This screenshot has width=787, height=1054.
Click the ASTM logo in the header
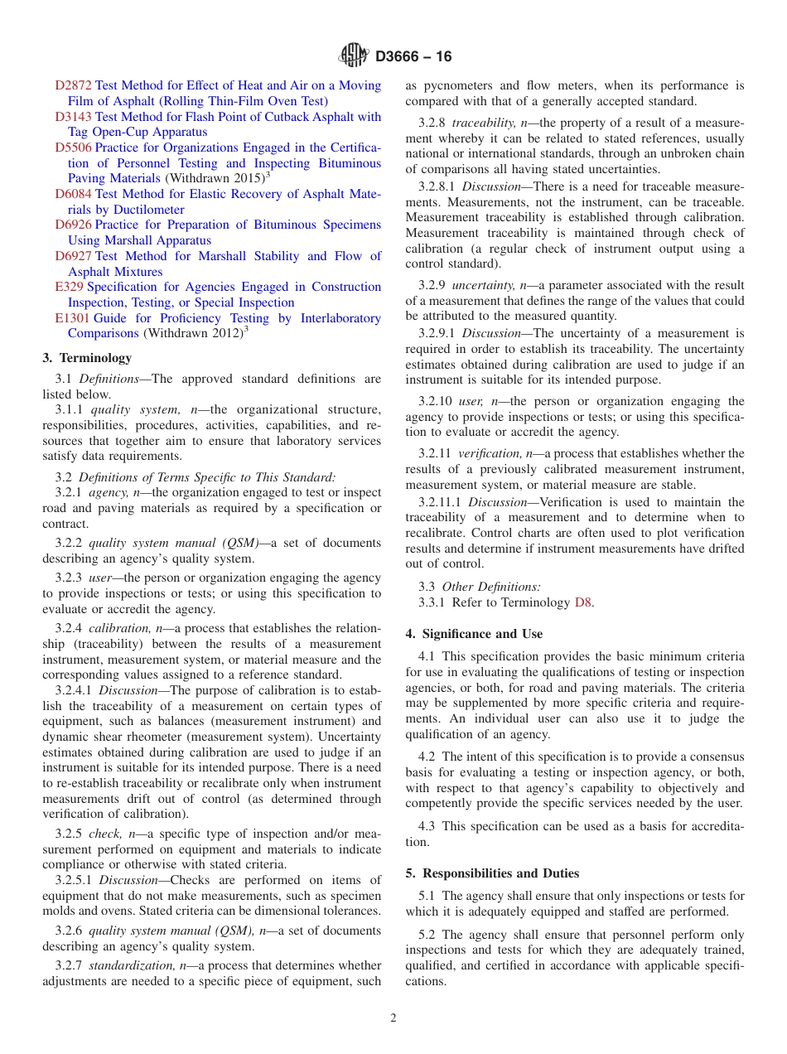pyautogui.click(x=354, y=56)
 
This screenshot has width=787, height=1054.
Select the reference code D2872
pyautogui.click(x=73, y=85)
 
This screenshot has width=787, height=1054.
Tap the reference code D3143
pyautogui.click(x=73, y=117)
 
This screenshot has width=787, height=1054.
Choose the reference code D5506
pyautogui.click(x=73, y=147)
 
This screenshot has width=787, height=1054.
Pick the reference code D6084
pyautogui.click(x=73, y=194)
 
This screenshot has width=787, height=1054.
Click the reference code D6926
pyautogui.click(x=73, y=225)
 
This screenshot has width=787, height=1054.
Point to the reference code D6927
pyautogui.click(x=73, y=256)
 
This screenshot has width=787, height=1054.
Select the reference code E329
pyautogui.click(x=69, y=287)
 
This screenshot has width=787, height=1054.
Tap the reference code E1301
pyautogui.click(x=72, y=318)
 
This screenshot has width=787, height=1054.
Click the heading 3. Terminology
pyautogui.click(x=87, y=358)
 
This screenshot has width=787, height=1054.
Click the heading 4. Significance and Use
pyautogui.click(x=474, y=634)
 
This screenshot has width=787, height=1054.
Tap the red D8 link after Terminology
pyautogui.click(x=583, y=602)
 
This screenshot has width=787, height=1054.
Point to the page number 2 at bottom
pyautogui.click(x=393, y=1018)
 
